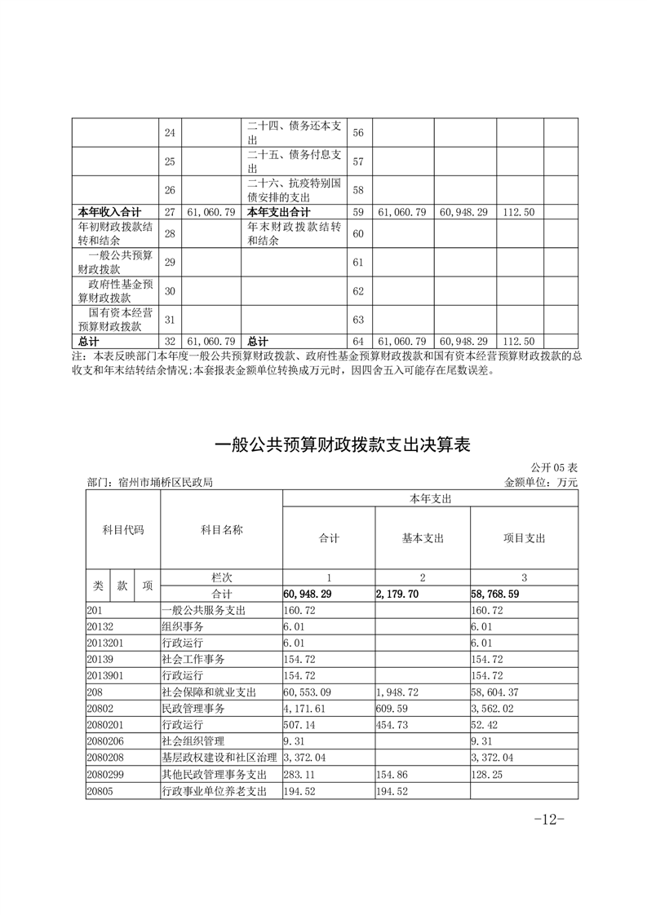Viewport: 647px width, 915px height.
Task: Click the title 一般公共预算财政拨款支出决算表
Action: pyautogui.click(x=343, y=445)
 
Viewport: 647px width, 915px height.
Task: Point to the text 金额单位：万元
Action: pyautogui.click(x=541, y=483)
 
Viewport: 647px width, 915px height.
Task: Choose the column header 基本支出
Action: pyautogui.click(x=423, y=538)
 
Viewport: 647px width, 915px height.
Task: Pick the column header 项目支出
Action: pyautogui.click(x=525, y=538)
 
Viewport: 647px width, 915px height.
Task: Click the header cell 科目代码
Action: pyautogui.click(x=123, y=530)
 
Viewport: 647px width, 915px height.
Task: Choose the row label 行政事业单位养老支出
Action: pyautogui.click(x=215, y=790)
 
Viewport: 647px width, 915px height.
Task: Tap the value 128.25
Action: pyautogui.click(x=489, y=774)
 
